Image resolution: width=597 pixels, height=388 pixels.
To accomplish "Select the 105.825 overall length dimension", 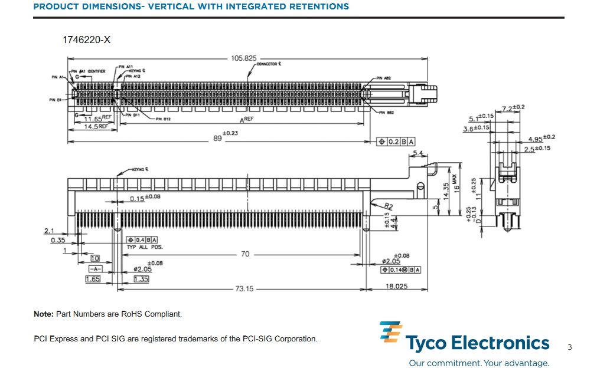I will tap(243, 58).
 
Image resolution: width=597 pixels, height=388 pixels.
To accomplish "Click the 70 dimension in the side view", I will tap(244, 254).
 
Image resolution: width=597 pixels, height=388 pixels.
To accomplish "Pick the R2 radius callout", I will tap(388, 205).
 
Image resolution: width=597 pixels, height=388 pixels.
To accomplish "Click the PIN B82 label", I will tap(386, 112).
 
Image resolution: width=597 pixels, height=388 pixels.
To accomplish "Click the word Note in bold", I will tap(44, 314).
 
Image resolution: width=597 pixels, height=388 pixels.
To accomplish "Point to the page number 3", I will tap(569, 347).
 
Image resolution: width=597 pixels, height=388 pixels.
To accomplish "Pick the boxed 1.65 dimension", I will tap(93, 279).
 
